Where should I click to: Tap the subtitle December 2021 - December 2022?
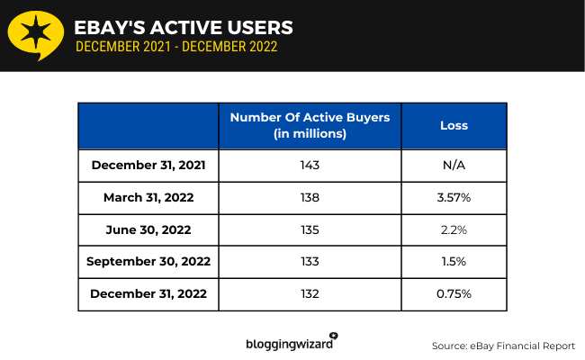tap(176, 47)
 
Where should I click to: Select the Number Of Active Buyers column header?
tap(310, 126)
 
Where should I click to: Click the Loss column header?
tap(454, 126)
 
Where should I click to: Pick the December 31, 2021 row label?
tap(148, 166)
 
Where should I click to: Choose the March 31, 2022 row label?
tap(148, 198)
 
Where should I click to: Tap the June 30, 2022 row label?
tap(148, 230)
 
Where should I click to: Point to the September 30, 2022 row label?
tap(148, 262)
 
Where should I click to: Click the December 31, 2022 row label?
tap(148, 294)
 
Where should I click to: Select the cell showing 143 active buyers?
tap(310, 166)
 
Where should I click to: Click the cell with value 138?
tap(310, 198)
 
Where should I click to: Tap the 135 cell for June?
tap(310, 230)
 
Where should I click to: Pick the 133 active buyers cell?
tap(310, 262)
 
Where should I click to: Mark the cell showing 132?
tap(310, 294)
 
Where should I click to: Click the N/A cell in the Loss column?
tap(454, 166)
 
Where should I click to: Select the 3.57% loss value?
tap(454, 198)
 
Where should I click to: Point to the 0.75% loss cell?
tap(454, 294)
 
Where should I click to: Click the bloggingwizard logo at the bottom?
tap(292, 342)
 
